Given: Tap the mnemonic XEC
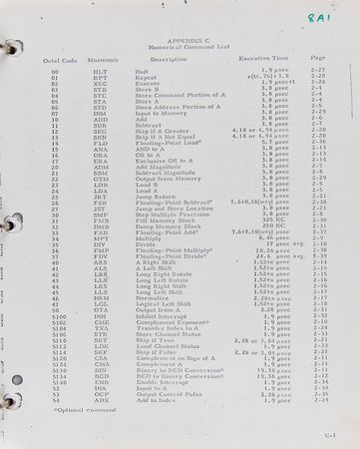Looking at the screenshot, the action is pos(100,85).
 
